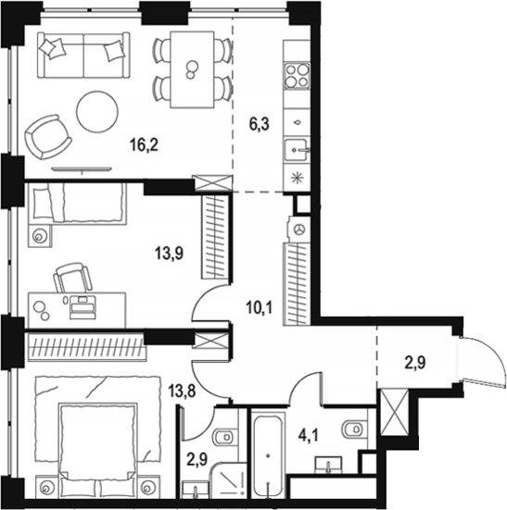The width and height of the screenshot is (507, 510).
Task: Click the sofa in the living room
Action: click(82, 56)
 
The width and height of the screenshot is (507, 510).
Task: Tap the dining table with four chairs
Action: click(193, 66)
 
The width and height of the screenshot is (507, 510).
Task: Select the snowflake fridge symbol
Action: click(298, 179)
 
